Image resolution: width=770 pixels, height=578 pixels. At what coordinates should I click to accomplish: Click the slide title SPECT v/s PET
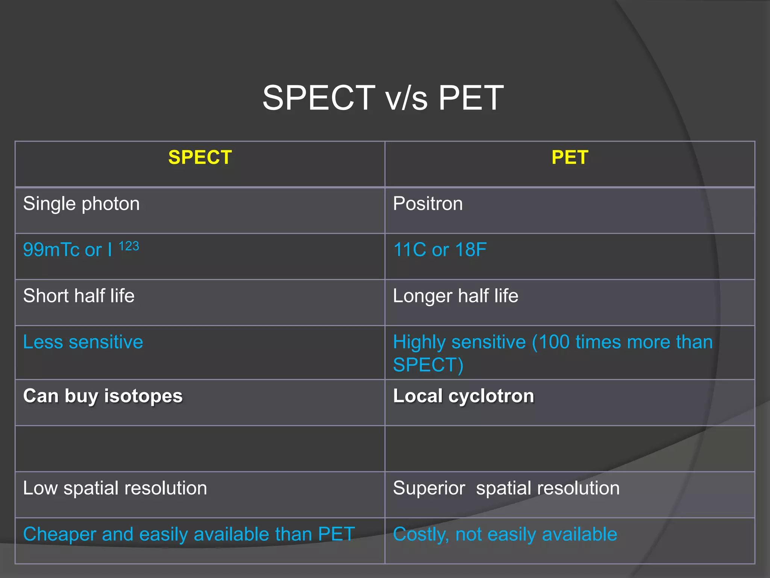click(x=383, y=98)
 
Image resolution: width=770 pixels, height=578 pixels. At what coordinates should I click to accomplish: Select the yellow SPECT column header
click(x=200, y=157)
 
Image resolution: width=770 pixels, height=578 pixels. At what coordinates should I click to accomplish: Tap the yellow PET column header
click(x=570, y=157)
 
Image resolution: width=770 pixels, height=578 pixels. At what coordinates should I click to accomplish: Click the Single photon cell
click(x=81, y=204)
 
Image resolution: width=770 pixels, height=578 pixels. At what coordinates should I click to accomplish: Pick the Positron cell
click(x=428, y=204)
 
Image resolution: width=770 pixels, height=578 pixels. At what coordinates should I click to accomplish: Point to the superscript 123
click(x=129, y=246)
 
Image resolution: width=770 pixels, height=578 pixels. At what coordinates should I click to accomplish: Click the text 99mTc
click(x=52, y=250)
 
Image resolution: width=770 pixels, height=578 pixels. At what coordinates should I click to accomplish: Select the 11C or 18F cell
click(x=440, y=250)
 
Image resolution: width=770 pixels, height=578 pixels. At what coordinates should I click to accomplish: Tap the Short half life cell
click(x=79, y=296)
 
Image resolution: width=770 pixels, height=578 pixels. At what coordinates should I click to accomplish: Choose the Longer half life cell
click(x=455, y=296)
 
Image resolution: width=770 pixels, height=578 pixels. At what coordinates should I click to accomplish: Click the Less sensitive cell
click(x=83, y=342)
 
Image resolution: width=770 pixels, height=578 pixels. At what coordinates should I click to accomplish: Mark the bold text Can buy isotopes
click(x=103, y=396)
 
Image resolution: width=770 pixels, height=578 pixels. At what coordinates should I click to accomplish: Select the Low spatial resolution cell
click(x=115, y=488)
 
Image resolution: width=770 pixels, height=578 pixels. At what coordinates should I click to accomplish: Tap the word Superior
click(x=429, y=488)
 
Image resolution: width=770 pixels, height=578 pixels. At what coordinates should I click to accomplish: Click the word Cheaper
click(x=59, y=534)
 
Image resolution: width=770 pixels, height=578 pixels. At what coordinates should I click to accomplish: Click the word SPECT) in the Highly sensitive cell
click(x=428, y=365)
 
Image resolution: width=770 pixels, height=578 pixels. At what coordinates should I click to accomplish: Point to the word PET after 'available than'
click(x=336, y=534)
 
